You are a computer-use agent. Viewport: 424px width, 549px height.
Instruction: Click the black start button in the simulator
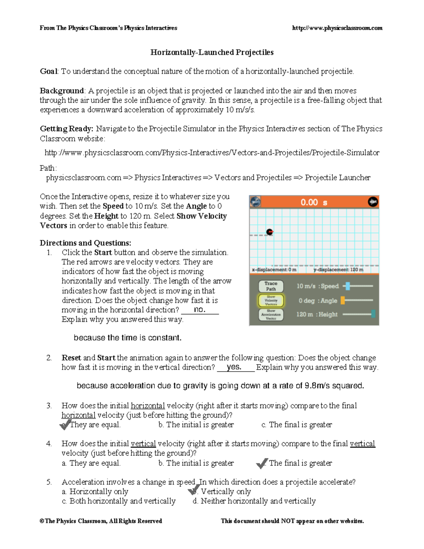pos(373,202)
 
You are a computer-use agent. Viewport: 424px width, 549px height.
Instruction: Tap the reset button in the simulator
pos(255,202)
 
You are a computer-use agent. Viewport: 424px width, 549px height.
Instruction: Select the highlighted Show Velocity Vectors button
pos(271,300)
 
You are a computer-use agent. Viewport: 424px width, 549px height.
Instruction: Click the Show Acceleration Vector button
pos(271,315)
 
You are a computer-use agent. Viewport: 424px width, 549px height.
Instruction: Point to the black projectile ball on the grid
pos(270,232)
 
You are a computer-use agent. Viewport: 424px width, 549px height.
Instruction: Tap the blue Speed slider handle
pos(348,286)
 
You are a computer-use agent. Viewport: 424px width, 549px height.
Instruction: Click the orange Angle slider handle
pos(343,300)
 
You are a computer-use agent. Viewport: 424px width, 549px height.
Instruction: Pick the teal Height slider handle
pos(373,314)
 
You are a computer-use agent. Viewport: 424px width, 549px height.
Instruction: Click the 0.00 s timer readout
pos(314,203)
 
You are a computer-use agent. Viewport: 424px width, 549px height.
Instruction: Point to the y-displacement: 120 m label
pos(338,270)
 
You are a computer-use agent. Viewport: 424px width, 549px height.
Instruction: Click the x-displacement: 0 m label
pos(274,270)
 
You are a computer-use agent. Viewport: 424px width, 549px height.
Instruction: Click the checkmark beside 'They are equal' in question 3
pos(65,425)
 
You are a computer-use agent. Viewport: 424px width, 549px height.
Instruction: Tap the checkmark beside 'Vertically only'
pos(194,490)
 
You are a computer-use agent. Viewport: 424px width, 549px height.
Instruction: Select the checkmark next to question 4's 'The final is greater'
pos(262,463)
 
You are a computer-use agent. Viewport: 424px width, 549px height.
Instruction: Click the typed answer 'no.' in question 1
pos(199,310)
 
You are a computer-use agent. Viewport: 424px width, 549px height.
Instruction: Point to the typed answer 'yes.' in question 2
pos(234,367)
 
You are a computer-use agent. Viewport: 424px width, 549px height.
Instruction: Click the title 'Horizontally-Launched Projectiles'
pos(212,52)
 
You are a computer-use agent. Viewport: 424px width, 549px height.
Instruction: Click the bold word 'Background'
pos(62,91)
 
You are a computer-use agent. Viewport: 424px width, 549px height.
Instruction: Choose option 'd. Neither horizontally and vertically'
pos(254,501)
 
